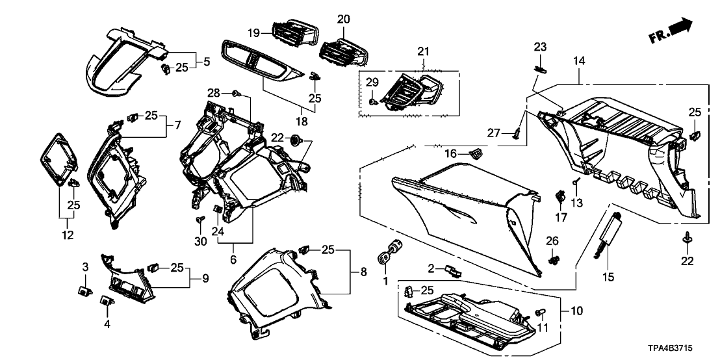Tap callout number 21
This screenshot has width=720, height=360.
(424, 51)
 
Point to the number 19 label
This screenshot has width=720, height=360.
(253, 32)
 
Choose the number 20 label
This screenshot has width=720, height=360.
(343, 18)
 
